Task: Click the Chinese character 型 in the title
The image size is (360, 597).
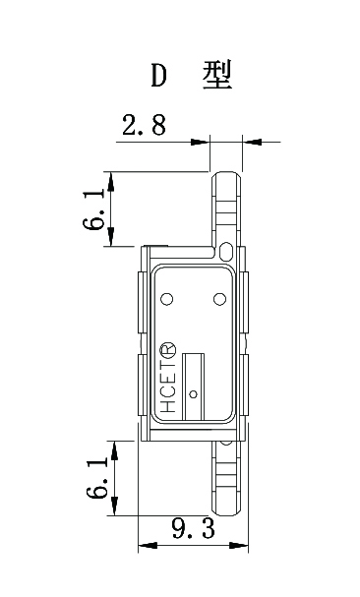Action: point(216,76)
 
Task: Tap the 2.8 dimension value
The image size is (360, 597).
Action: point(144,126)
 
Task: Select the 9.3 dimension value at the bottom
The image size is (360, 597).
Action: point(193,530)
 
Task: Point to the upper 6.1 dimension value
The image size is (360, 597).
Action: point(95,209)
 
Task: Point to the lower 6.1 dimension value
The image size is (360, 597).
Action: point(95,477)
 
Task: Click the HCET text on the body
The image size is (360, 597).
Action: point(167,390)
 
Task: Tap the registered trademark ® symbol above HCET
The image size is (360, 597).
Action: point(167,351)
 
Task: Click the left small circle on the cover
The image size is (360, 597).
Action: point(166,299)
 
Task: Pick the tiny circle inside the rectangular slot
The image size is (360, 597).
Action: point(194,394)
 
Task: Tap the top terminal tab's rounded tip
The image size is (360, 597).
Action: point(226,174)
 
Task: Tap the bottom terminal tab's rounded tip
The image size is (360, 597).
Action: point(226,512)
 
